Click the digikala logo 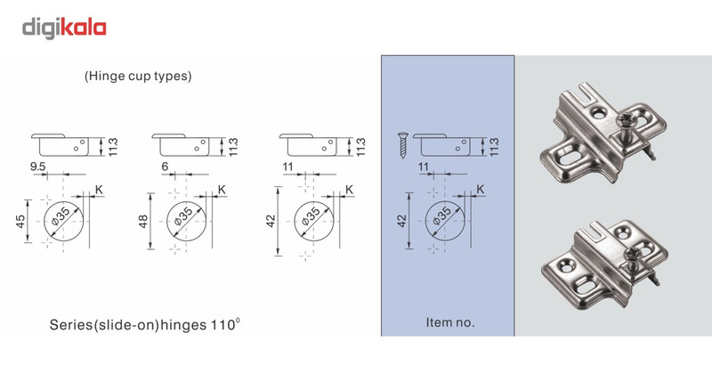tap(64, 28)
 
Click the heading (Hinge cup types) tap(138, 76)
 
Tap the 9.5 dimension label tap(37, 167)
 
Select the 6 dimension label tap(165, 167)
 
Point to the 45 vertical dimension tap(20, 222)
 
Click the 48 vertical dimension tap(143, 222)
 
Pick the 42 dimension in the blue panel tap(402, 221)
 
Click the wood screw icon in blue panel tap(403, 145)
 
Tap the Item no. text tap(450, 322)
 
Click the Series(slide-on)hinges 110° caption tap(145, 324)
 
